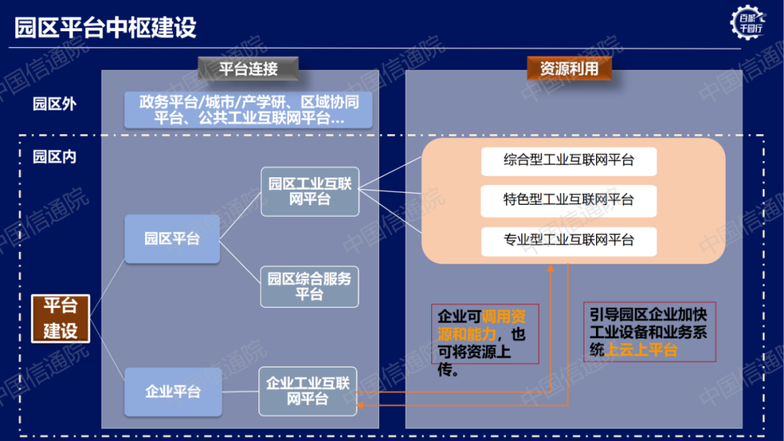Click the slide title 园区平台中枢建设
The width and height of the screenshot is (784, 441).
tap(106, 27)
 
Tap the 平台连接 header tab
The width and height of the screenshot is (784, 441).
tap(248, 69)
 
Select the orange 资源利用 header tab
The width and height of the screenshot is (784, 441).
tap(569, 68)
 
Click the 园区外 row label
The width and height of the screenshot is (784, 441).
tap(54, 104)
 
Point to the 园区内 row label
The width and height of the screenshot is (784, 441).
tap(54, 156)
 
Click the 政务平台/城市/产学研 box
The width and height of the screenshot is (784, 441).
tap(249, 110)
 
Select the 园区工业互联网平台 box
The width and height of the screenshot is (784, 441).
tap(310, 191)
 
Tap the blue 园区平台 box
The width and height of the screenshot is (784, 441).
tap(172, 238)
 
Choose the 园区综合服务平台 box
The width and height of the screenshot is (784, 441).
tap(309, 286)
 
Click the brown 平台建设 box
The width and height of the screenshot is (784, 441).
tap(60, 317)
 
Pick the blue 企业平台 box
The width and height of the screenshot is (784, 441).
tap(172, 392)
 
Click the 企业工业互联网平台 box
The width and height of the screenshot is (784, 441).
tap(308, 391)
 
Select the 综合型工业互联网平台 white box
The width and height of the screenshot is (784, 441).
tap(568, 161)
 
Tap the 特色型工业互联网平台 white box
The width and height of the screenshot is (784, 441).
tap(568, 200)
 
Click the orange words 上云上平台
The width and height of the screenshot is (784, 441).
tap(641, 349)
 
